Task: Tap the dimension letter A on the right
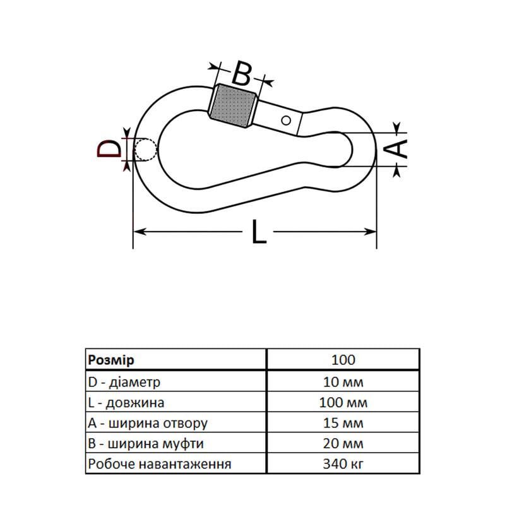click(x=396, y=149)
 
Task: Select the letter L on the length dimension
click(x=259, y=232)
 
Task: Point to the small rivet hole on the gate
click(x=286, y=119)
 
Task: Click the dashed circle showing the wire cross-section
click(x=146, y=150)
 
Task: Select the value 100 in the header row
click(x=343, y=360)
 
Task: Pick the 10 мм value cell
click(x=343, y=381)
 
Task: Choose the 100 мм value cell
click(x=343, y=402)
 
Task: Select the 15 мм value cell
click(x=343, y=423)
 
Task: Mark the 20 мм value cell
click(x=343, y=444)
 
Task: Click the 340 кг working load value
click(x=343, y=465)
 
